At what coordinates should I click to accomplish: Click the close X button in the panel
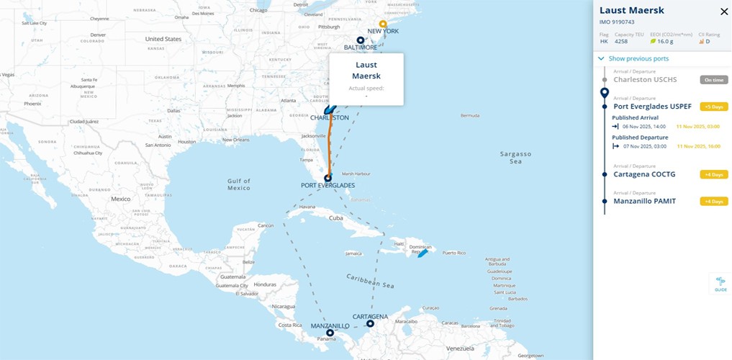point(724,12)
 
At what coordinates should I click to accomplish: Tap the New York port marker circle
point(383,24)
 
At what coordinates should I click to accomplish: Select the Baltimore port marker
point(361,40)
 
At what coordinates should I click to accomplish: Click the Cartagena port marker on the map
point(370,324)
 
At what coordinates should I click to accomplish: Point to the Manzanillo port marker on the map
point(330,333)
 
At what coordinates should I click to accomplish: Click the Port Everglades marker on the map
point(327,178)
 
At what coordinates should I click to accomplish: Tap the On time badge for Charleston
point(714,80)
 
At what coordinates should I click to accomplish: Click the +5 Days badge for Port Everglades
point(714,107)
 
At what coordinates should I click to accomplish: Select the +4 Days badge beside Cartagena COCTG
point(714,174)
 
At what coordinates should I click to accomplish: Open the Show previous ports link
point(638,58)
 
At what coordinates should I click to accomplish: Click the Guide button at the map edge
point(720,284)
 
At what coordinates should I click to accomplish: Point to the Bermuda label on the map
point(469,116)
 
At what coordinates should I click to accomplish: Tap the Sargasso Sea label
point(515,158)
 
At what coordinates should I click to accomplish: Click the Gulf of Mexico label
point(238,184)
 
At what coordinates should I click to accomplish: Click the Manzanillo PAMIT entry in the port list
point(644,201)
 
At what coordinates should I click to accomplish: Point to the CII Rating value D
point(708,42)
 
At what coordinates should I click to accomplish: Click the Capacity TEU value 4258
point(621,42)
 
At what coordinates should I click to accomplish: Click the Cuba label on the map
point(336,217)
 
